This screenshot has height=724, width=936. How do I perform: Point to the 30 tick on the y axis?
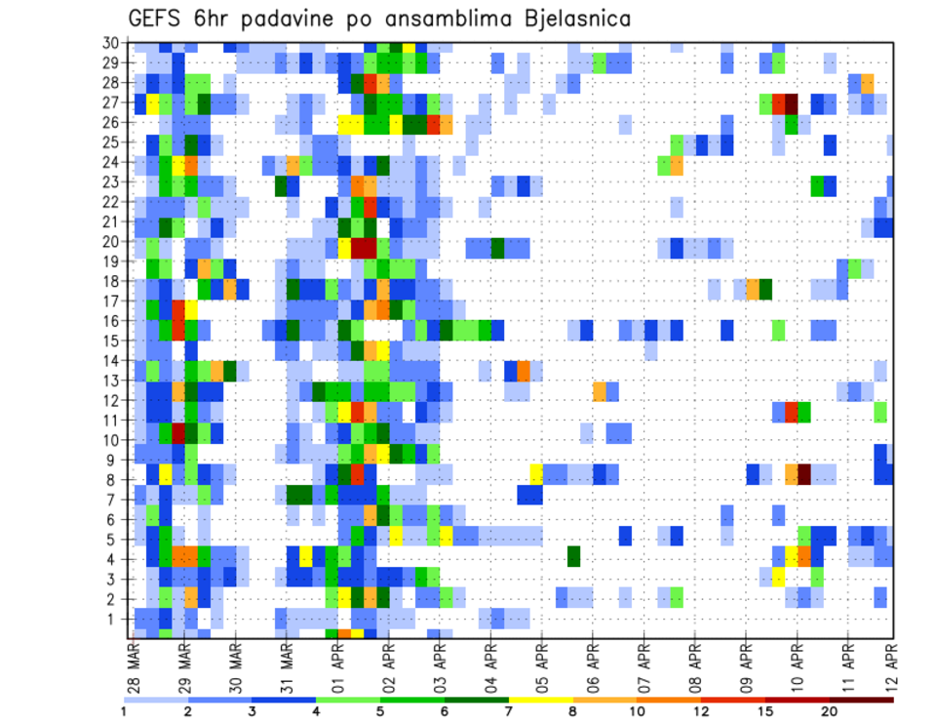[x=111, y=42]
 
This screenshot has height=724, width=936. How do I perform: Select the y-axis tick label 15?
[x=111, y=341]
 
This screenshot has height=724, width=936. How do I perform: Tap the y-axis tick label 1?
[x=115, y=618]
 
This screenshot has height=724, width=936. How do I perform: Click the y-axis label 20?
[x=111, y=241]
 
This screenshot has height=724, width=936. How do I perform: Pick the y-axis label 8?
[x=115, y=479]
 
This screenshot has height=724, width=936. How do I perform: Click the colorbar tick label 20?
[x=830, y=711]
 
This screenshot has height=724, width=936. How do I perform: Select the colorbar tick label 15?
[x=765, y=711]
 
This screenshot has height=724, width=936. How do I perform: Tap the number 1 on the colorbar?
[x=124, y=711]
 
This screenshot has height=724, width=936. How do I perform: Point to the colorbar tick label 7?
[x=509, y=711]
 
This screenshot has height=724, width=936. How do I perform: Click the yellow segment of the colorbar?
[x=540, y=699]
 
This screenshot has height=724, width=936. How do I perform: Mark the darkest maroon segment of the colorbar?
[x=862, y=699]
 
